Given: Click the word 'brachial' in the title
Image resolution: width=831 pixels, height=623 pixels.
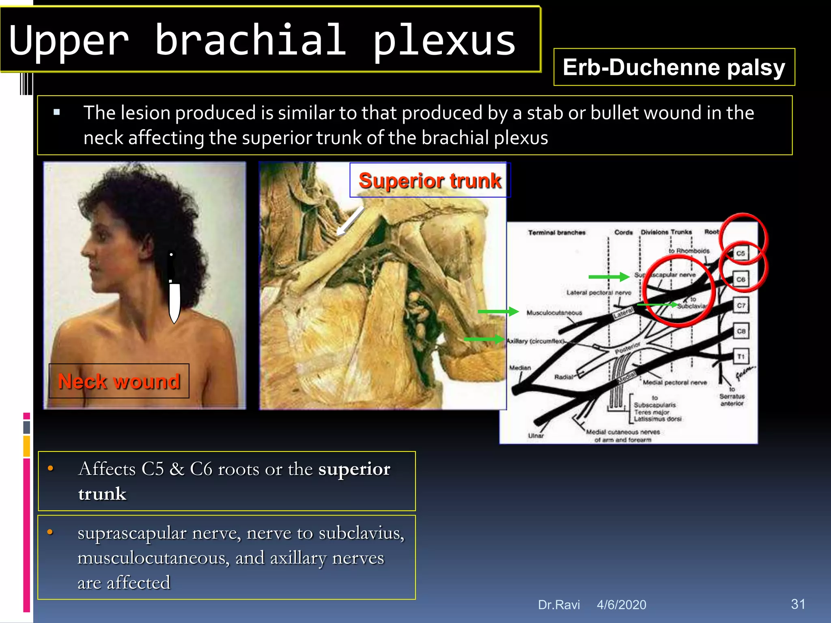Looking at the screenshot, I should (x=251, y=41).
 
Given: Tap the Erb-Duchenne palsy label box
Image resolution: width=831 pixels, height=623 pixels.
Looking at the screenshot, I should (x=674, y=67).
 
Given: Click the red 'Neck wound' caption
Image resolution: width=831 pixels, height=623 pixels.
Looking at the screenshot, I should (x=119, y=381).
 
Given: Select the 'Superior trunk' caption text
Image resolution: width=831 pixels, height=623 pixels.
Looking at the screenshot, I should (x=430, y=180).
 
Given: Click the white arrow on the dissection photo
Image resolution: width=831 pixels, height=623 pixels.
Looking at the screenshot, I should (x=350, y=221).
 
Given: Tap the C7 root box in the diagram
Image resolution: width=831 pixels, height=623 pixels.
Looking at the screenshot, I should (x=741, y=305).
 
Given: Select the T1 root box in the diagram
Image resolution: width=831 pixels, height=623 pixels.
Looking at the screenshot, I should (x=741, y=357).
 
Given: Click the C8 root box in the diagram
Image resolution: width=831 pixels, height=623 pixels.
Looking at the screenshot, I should (x=741, y=331).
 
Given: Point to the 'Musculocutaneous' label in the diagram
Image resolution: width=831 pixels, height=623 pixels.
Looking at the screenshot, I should (x=554, y=313).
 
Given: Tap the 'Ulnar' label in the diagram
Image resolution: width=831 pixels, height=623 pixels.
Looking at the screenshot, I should (x=536, y=436).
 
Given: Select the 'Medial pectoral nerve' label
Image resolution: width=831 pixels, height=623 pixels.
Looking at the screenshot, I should (x=674, y=382).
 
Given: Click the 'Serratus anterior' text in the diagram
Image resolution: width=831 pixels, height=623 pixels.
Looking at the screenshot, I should (x=732, y=400).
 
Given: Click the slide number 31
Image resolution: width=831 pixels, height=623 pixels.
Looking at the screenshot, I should (x=798, y=604).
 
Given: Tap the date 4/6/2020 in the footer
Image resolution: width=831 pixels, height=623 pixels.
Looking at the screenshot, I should (x=621, y=605).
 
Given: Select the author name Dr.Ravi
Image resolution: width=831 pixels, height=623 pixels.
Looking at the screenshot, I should (x=559, y=605).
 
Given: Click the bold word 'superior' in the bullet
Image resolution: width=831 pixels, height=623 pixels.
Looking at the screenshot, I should (x=354, y=469).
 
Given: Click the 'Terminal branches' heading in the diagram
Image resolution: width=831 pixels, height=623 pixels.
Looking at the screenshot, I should (x=556, y=232).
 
